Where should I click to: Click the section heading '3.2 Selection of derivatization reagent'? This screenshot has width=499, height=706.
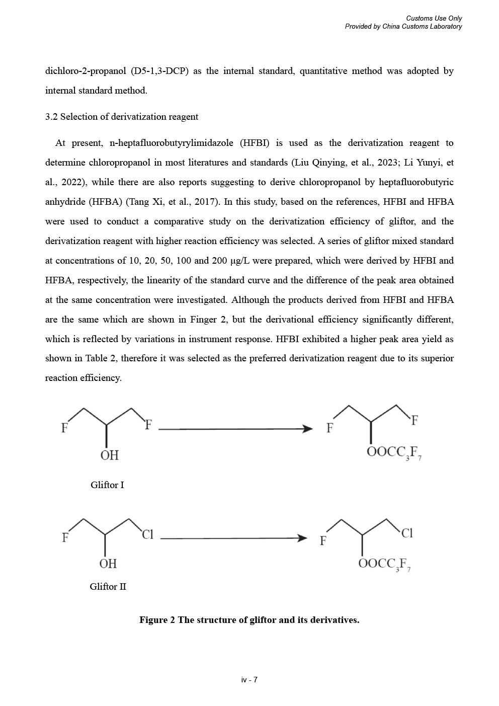(122, 117)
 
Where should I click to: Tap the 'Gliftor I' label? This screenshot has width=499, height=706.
(107, 485)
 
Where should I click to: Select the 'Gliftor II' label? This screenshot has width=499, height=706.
(108, 587)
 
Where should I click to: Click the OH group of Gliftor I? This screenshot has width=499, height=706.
(110, 455)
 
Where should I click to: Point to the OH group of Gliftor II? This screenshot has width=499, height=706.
(108, 564)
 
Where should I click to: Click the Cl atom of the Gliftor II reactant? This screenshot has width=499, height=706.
(147, 534)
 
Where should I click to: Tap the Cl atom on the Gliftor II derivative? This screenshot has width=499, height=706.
(407, 533)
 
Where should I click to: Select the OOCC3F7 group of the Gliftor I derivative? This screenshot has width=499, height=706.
(394, 452)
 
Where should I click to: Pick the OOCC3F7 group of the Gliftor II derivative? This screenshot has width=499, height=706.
(385, 564)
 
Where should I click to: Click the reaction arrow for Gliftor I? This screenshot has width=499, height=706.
(235, 429)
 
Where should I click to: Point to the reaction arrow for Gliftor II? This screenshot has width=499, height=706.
(233, 538)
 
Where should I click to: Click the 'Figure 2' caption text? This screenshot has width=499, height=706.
(249, 620)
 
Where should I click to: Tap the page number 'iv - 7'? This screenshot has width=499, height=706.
(249, 680)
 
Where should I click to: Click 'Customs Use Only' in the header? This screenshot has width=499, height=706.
(434, 19)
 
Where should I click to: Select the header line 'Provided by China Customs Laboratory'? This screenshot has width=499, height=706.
(403, 27)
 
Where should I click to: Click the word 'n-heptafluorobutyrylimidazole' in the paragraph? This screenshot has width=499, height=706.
(171, 143)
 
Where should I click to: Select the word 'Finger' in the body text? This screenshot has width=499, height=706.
(203, 320)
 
